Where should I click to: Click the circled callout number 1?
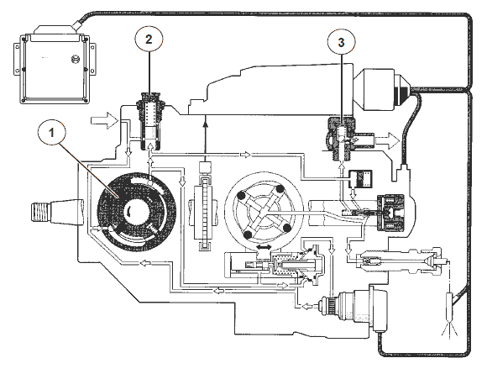pyautogui.click(x=51, y=133)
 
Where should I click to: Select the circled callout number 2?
pyautogui.click(x=149, y=40)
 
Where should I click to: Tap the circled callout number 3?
pyautogui.click(x=342, y=42)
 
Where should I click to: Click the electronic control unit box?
pyautogui.click(x=54, y=67)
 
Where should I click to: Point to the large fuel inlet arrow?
pyautogui.click(x=105, y=120)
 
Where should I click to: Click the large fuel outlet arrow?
pyautogui.click(x=387, y=140)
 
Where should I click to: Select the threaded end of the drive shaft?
pyautogui.click(x=39, y=212)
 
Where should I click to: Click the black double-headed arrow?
pyautogui.click(x=264, y=247)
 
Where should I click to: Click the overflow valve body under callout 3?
pyautogui.click(x=341, y=137)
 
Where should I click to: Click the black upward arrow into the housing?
pyautogui.click(x=205, y=139)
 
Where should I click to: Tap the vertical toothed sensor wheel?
pyautogui.click(x=204, y=213)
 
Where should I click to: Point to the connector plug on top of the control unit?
pyautogui.click(x=55, y=30)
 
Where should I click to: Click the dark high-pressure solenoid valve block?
pyautogui.click(x=390, y=213)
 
